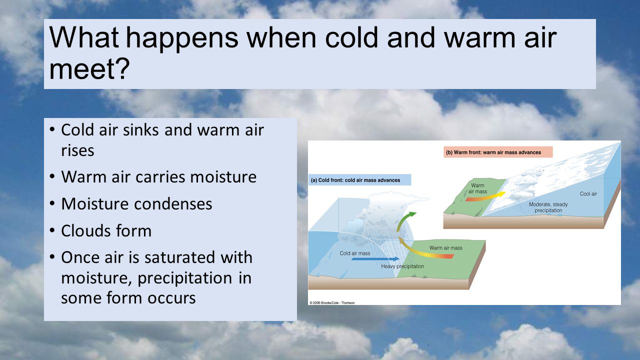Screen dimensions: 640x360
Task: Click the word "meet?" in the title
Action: [89, 69]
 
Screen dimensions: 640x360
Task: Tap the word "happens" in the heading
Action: [182, 37]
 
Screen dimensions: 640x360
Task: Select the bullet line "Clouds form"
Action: [106, 230]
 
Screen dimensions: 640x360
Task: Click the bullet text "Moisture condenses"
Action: [136, 203]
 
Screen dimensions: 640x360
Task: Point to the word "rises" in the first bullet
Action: [77, 150]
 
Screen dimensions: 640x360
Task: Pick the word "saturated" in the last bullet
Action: [180, 257]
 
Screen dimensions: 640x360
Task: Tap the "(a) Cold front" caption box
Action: [360, 180]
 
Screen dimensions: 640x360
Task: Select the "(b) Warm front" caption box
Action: [498, 152]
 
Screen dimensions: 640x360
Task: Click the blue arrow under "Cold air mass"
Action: [375, 259]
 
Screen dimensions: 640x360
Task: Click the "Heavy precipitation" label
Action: [402, 266]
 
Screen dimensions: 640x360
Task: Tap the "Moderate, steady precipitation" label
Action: [548, 207]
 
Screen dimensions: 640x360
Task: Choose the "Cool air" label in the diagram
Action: [588, 193]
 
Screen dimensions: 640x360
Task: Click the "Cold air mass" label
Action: [355, 253]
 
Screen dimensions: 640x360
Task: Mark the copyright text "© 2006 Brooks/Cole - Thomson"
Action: [332, 302]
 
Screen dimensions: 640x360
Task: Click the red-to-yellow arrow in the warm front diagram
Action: [485, 197]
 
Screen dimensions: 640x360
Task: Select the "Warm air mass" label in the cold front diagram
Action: [445, 248]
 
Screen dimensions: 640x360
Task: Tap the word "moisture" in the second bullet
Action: [223, 177]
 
